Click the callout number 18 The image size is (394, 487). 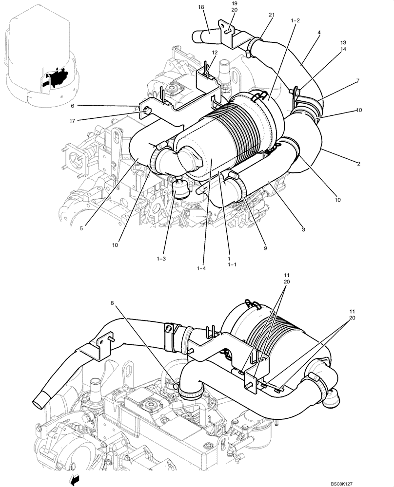click(201, 7)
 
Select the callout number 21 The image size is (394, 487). click(272, 15)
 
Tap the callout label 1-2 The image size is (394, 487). click(295, 21)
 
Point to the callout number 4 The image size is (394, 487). click(318, 33)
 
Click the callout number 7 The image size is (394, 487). click(358, 80)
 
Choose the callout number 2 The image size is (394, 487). click(358, 164)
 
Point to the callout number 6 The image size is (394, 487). click(73, 105)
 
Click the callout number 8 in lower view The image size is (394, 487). click(113, 303)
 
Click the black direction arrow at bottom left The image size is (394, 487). click(75, 481)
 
